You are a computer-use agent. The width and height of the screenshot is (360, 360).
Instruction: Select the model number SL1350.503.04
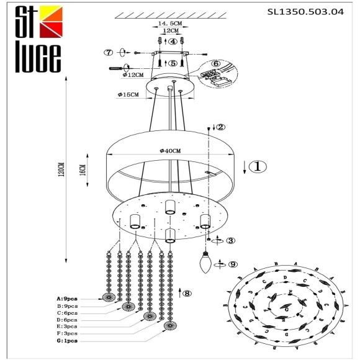pos(304,11)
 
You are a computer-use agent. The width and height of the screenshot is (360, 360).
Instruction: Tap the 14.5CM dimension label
pos(167,23)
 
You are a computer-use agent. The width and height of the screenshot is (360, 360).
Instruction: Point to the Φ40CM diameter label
pos(169,151)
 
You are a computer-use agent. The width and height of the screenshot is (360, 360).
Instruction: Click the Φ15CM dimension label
pos(128,95)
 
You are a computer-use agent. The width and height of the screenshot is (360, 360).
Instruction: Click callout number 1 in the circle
pos(259,166)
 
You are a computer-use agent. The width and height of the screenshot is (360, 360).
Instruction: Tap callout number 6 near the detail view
pos(216,63)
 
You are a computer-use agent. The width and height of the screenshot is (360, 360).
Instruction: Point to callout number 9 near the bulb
pos(233,264)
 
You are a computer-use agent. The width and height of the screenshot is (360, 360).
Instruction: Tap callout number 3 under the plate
pos(230,241)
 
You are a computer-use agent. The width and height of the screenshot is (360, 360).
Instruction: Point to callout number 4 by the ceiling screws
pos(173,41)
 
